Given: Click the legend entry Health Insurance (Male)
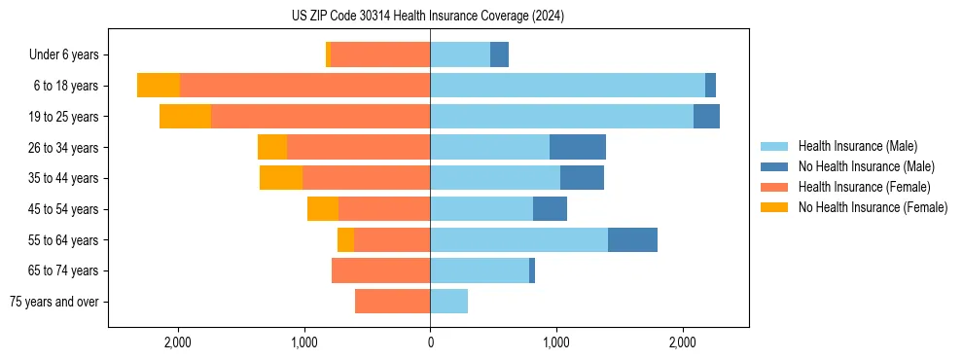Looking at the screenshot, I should pos(857,146).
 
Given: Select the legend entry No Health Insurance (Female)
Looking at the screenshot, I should pos(873,207).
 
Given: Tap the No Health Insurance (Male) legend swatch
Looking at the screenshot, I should pos(774,166).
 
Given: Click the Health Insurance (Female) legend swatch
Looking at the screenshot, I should pos(774,187).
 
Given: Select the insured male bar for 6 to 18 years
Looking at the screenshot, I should pos(567,86).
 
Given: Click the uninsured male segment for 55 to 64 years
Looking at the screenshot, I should pos(632,239).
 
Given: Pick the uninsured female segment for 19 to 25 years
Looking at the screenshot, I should pos(185,117).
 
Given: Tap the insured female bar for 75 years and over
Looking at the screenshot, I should pos(392,302).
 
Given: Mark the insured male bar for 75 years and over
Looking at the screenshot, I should pos(448,302).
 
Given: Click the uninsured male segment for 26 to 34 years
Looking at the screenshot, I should pos(578,148).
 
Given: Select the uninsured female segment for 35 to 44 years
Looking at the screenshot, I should pos(281,178).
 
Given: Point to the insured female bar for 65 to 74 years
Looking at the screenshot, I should pos(380,270).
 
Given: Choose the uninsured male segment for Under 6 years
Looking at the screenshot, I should pos(499,55).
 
